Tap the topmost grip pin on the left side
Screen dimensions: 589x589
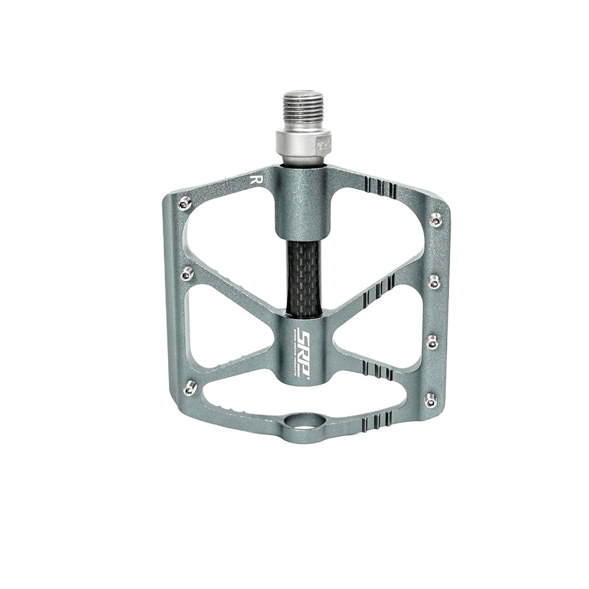pyautogui.click(x=185, y=203)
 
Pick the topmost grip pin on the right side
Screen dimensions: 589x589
pyautogui.click(x=435, y=219)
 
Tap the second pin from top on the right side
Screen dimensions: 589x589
pyautogui.click(x=434, y=282)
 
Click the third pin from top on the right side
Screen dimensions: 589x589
pyautogui.click(x=432, y=341)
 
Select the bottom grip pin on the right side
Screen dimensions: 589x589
pyautogui.click(x=431, y=401)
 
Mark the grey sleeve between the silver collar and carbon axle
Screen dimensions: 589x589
pyautogui.click(x=303, y=205)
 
